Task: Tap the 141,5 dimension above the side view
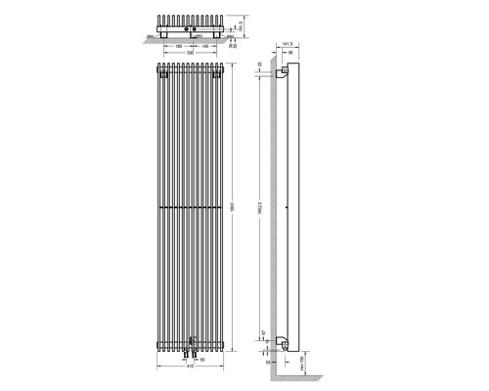(289, 44)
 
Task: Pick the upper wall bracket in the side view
(285, 73)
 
